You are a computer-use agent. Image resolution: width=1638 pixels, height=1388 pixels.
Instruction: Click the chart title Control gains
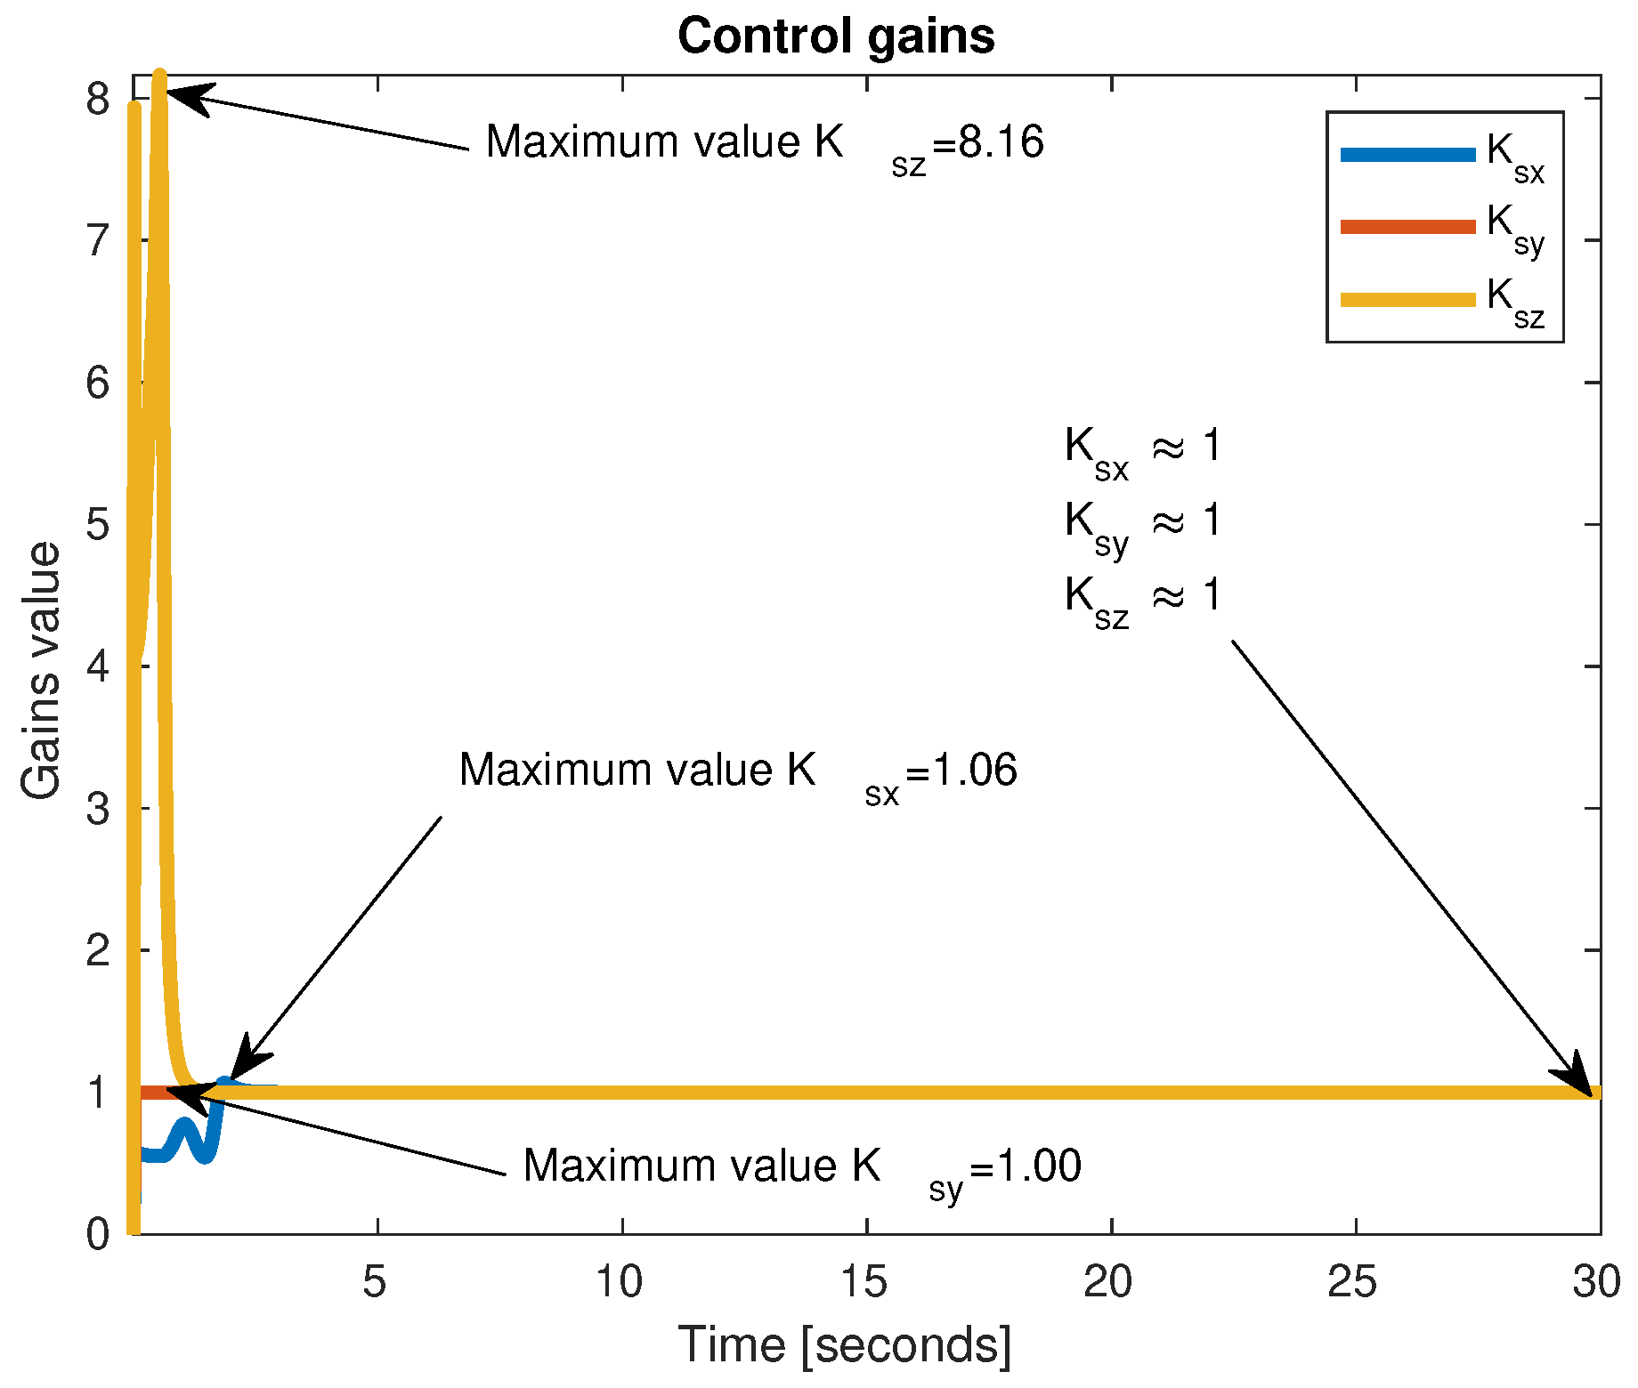click(836, 36)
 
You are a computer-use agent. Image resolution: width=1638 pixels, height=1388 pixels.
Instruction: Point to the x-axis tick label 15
click(865, 1282)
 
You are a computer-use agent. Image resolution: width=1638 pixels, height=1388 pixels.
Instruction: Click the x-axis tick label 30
click(1596, 1282)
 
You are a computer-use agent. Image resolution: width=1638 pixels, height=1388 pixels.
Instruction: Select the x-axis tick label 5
click(375, 1282)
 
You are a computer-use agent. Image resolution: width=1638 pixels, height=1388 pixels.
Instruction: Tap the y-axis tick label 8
click(98, 99)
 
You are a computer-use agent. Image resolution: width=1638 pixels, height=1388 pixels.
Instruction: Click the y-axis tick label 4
click(98, 666)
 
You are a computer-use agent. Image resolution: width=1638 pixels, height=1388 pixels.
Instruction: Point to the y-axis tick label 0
click(98, 1234)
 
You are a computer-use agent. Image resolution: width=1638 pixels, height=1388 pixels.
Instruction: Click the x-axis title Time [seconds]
click(845, 1344)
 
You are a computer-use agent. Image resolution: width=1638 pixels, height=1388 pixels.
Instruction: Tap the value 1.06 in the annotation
click(974, 770)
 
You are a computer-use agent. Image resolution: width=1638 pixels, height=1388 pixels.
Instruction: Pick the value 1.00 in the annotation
click(1038, 1166)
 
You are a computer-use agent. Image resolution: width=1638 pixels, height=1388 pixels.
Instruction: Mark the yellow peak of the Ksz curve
click(159, 76)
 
